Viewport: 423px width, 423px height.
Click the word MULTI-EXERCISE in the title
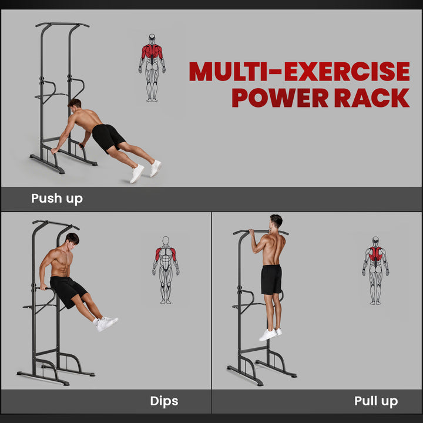(x=299, y=72)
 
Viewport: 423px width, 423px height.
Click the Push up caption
(x=57, y=199)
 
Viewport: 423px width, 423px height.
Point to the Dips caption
(x=164, y=401)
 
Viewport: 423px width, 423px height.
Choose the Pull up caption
(x=375, y=401)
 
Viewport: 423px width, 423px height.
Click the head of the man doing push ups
(x=75, y=105)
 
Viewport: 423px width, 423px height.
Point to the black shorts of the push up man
(x=108, y=137)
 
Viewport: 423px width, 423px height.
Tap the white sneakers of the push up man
(x=146, y=170)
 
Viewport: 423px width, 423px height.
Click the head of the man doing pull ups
(x=276, y=222)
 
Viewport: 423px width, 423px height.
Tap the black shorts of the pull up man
(x=271, y=279)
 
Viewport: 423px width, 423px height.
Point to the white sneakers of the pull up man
(x=270, y=334)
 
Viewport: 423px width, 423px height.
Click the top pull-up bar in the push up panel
(x=62, y=25)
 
